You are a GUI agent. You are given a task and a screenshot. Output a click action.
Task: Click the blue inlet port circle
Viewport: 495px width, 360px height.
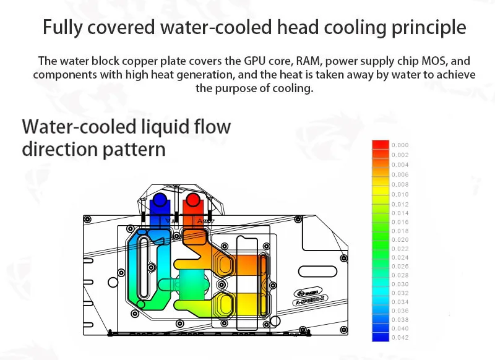[160, 201]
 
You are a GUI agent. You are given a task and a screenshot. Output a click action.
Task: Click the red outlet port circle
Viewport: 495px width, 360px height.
[193, 201]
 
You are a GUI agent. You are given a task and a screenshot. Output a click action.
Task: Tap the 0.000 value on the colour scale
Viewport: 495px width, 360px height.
[400, 145]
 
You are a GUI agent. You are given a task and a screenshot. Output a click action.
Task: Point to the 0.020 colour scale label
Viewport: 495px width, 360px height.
[400, 239]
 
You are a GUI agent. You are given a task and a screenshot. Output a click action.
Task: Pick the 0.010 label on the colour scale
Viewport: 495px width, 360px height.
[400, 194]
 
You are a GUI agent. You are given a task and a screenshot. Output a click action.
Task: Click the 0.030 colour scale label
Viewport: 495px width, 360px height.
[400, 284]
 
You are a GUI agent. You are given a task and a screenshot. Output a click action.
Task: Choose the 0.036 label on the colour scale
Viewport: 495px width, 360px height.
[400, 311]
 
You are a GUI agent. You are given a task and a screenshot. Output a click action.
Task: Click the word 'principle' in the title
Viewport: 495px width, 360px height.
[426, 28]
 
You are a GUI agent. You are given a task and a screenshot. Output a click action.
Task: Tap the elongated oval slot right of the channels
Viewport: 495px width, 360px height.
[322, 270]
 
